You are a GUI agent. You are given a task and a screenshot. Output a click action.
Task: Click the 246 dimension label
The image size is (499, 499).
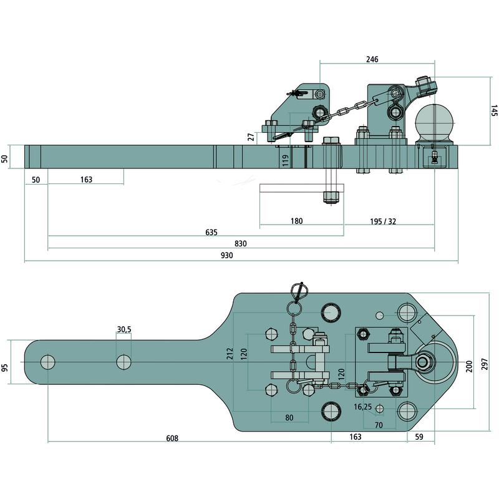click(x=372, y=60)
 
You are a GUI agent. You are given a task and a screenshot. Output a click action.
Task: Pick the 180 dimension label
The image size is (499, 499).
click(x=296, y=221)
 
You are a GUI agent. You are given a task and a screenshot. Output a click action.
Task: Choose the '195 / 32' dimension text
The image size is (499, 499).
click(x=383, y=221)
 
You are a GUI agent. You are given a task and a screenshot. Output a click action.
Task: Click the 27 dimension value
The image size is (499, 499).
click(x=251, y=137)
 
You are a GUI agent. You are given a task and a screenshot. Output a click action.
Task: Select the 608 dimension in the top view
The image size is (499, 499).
click(x=172, y=438)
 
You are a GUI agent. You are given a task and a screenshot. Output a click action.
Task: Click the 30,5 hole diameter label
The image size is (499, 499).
click(x=124, y=329)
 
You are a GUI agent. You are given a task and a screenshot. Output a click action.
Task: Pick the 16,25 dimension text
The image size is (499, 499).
click(x=363, y=406)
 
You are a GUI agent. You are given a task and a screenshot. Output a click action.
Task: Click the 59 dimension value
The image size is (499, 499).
click(x=419, y=437)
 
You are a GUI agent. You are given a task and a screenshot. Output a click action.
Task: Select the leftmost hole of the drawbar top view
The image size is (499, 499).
click(x=47, y=362)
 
